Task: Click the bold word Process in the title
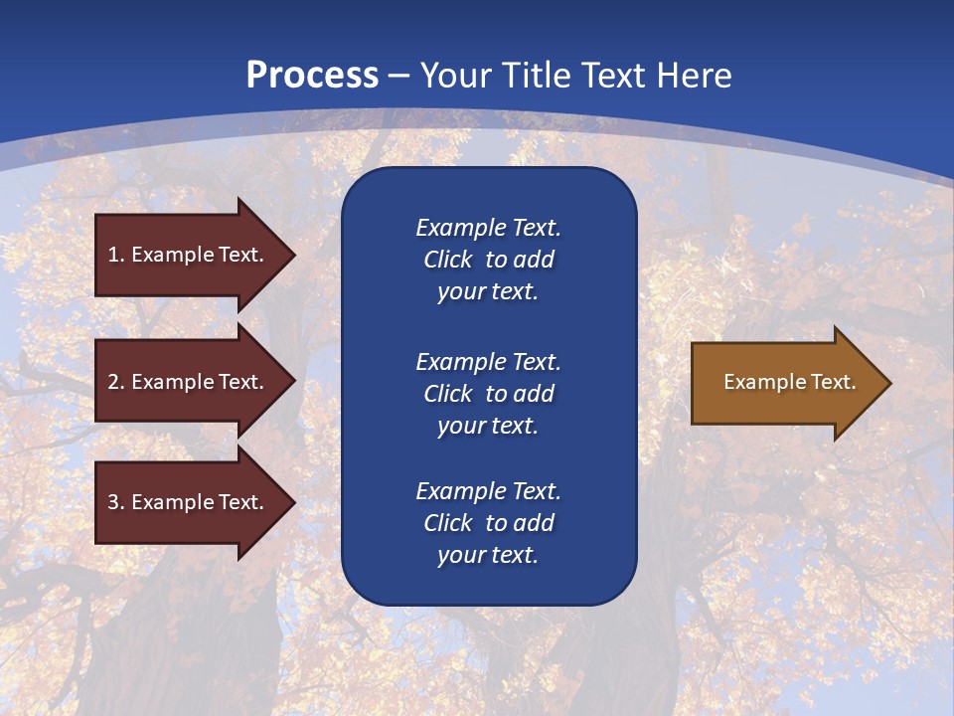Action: tap(312, 76)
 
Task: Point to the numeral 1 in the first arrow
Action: tap(113, 255)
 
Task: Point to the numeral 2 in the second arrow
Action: tap(113, 382)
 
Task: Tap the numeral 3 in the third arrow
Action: tap(113, 502)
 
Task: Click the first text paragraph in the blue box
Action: tap(488, 260)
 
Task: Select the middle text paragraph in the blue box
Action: tap(488, 394)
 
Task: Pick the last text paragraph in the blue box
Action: tap(488, 523)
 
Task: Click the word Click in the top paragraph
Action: tap(447, 260)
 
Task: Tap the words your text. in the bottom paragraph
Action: tap(488, 555)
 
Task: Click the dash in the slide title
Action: tap(398, 76)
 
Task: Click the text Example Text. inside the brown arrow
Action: tap(789, 382)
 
